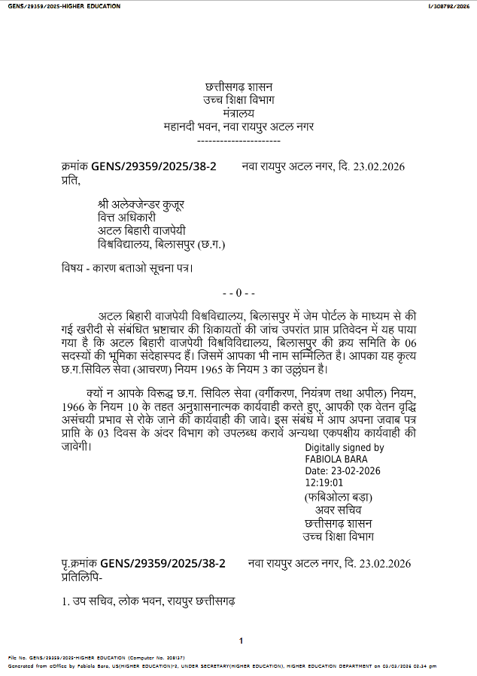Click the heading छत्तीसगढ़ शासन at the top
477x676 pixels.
pyautogui.click(x=238, y=88)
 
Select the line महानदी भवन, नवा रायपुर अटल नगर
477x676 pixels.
pyautogui.click(x=238, y=126)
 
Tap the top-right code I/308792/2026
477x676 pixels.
pyautogui.click(x=449, y=6)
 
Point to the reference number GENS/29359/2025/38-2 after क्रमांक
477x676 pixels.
pyautogui.click(x=153, y=166)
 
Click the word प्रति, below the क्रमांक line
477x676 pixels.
pyautogui.click(x=70, y=180)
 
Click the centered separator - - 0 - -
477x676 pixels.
pyautogui.click(x=239, y=292)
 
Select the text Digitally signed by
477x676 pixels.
pyautogui.click(x=344, y=447)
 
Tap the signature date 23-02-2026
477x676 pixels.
pyautogui.click(x=354, y=470)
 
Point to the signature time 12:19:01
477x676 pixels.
pyautogui.click(x=324, y=483)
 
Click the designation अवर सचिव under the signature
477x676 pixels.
pyautogui.click(x=339, y=510)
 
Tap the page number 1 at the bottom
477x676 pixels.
pyautogui.click(x=241, y=641)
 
